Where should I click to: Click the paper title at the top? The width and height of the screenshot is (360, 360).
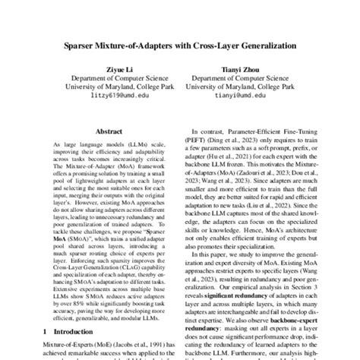click(x=179, y=46)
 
